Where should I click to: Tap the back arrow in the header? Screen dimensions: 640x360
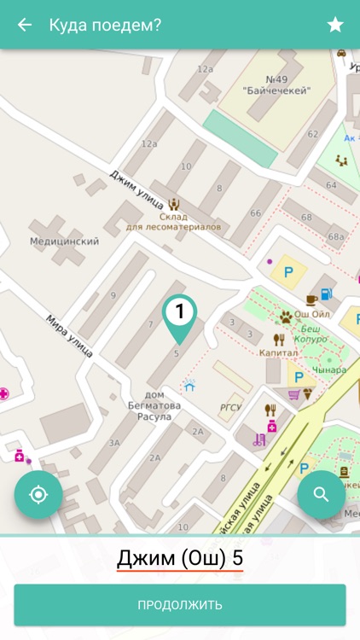25,25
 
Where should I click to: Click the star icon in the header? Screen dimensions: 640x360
335,25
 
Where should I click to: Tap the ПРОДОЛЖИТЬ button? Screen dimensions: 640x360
180,605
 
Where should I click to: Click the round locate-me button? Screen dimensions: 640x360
38,495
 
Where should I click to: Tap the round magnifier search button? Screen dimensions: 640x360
321,495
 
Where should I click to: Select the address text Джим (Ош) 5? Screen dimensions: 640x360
180,559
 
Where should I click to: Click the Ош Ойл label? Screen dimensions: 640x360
311,315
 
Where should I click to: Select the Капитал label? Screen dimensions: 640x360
278,351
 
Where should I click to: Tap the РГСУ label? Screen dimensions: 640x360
230,407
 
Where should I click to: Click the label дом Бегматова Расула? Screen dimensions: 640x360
154,405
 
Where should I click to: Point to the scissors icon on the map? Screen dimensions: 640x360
258,440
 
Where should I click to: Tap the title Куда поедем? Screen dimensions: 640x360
105,25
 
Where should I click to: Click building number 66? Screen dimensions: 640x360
255,212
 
